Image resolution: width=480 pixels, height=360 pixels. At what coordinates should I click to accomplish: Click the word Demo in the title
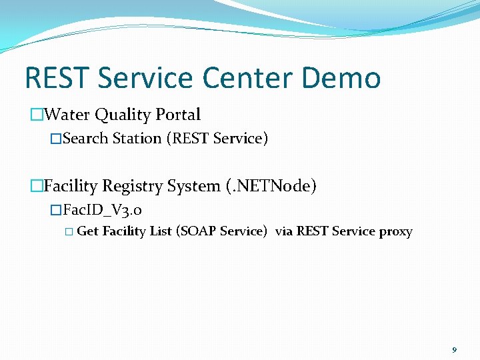point(341,78)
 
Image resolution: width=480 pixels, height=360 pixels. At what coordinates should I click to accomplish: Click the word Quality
point(122,115)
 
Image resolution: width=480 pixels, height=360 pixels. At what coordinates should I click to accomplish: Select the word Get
point(88,232)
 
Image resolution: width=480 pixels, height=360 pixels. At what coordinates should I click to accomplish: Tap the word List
point(157,232)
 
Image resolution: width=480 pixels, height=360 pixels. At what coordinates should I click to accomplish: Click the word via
point(284,232)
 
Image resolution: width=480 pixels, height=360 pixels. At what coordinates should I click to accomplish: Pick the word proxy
point(395,232)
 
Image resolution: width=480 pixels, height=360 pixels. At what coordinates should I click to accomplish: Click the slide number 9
point(455,350)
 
